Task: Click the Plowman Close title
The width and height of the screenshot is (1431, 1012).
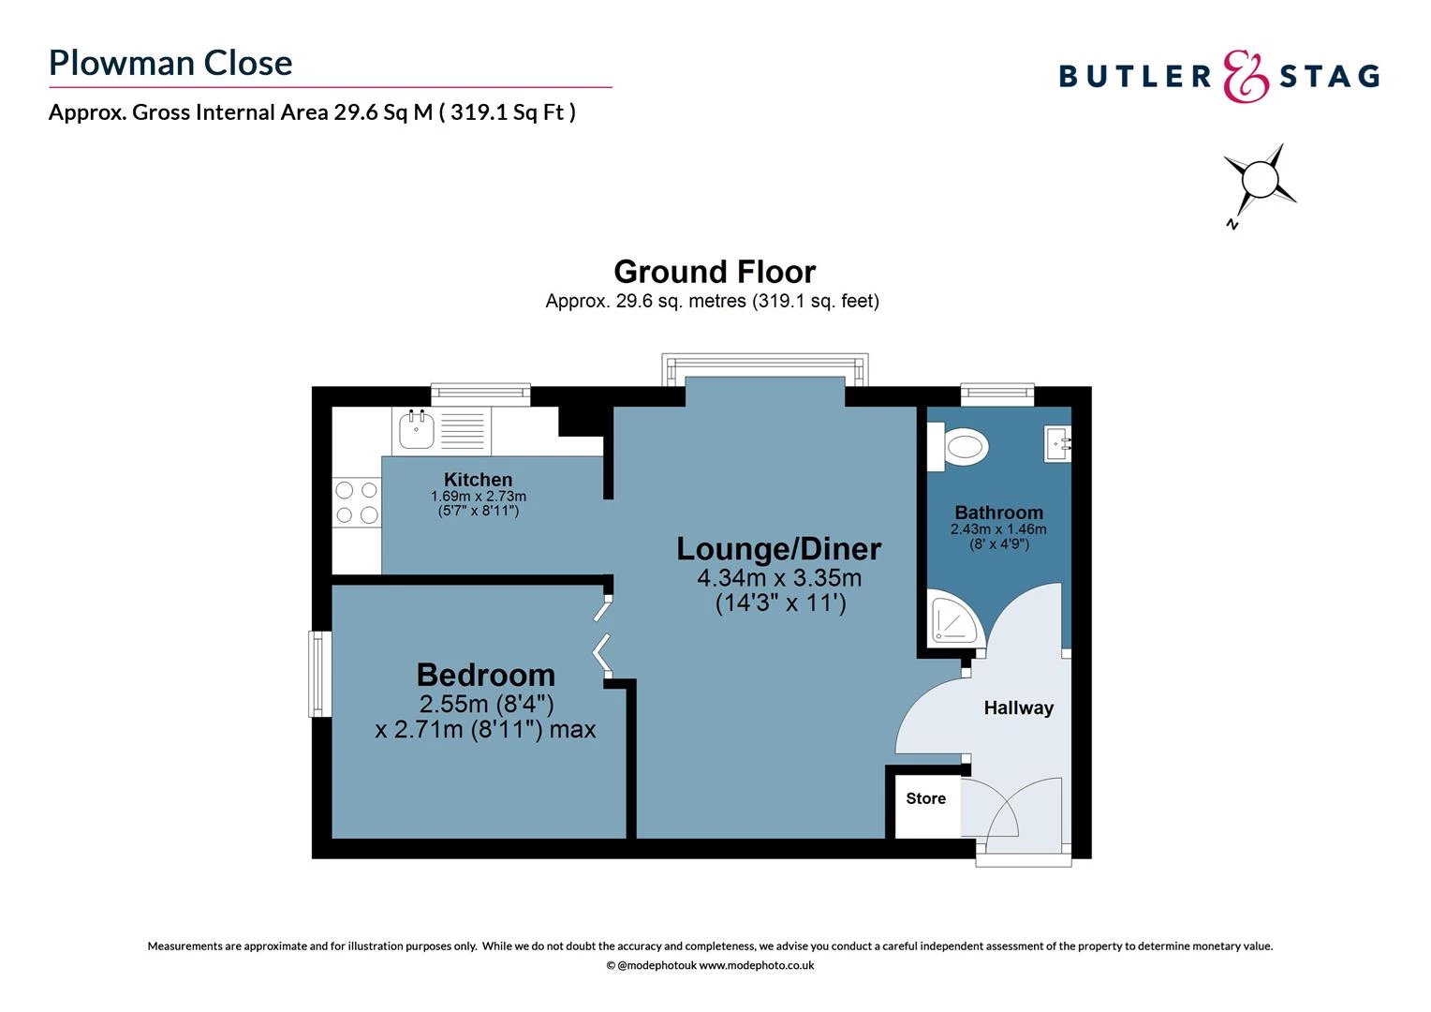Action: [170, 63]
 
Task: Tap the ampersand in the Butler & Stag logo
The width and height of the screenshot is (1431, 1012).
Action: [1246, 76]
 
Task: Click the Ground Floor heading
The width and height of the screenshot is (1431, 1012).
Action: [715, 272]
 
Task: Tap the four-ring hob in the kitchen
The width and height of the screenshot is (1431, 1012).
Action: [357, 501]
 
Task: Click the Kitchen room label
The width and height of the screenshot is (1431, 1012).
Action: [478, 480]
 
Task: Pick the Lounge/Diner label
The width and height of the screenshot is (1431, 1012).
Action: [778, 548]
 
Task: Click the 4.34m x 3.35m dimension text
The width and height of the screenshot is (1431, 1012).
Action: [778, 578]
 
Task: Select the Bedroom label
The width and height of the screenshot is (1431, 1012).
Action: [485, 675]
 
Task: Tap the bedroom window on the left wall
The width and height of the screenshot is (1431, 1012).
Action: [320, 674]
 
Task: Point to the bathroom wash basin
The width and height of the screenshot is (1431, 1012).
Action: [1059, 441]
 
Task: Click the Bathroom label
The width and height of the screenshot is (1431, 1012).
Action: [998, 513]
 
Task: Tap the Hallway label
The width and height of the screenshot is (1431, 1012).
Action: [1018, 708]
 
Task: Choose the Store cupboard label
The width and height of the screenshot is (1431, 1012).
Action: [925, 798]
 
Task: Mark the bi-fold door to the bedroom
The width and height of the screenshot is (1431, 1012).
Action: [602, 636]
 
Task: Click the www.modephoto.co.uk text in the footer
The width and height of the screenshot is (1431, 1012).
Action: [757, 965]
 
